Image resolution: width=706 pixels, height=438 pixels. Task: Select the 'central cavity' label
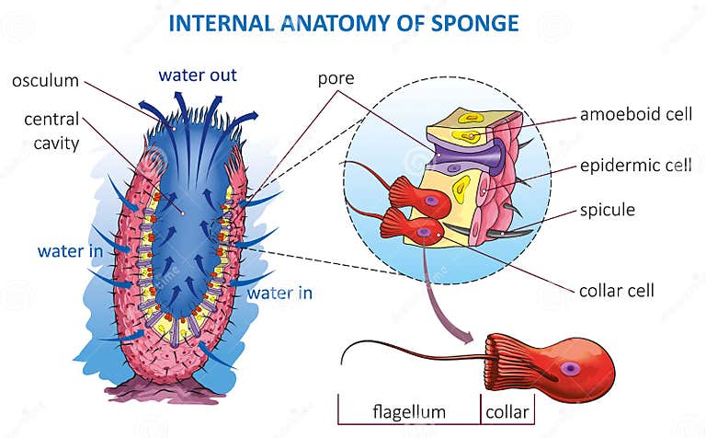[52, 131]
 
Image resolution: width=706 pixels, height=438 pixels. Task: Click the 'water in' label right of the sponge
[280, 294]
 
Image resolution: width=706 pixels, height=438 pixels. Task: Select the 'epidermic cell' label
[635, 166]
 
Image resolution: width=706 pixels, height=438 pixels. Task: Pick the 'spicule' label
[607, 210]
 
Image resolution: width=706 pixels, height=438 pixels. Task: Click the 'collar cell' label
[617, 291]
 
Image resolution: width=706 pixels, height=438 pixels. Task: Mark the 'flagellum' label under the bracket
[408, 411]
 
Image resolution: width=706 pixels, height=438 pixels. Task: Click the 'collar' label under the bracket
[507, 411]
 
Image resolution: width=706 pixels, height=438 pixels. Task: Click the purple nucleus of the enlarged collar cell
[571, 368]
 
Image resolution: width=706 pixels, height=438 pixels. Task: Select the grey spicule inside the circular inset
[501, 233]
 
